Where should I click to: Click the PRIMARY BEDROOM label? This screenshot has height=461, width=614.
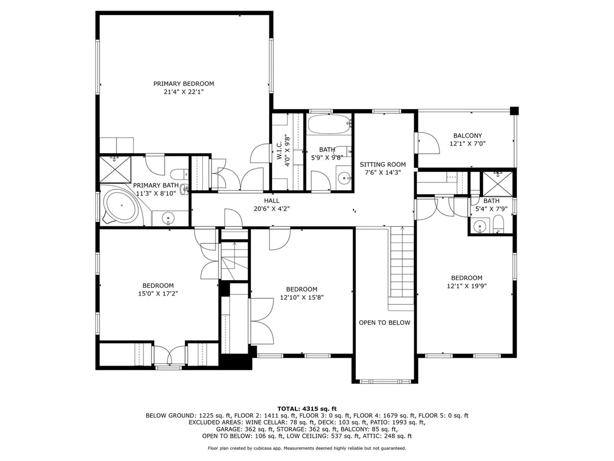pos(183,84)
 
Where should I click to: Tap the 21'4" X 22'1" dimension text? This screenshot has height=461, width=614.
pos(183,92)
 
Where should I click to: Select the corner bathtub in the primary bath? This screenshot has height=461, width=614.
pos(121,206)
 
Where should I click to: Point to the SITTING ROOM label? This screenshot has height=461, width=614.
pos(382,165)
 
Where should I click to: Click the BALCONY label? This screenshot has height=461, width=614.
pos(468,135)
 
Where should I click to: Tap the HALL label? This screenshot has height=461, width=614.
pos(272,201)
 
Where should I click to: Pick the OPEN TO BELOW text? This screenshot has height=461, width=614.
pos(385,323)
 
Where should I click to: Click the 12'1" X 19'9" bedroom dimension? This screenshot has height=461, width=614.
pos(467,286)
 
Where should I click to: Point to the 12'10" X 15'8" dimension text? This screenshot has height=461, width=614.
pos(301,297)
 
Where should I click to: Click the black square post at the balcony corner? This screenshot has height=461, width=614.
pos(514,110)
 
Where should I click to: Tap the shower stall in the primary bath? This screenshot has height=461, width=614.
pos(115,169)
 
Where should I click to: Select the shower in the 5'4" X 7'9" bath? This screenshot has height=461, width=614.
pos(497,184)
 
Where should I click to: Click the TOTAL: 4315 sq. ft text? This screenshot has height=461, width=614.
pos(307,409)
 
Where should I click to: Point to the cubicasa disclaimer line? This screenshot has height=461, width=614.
pos(307,448)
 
